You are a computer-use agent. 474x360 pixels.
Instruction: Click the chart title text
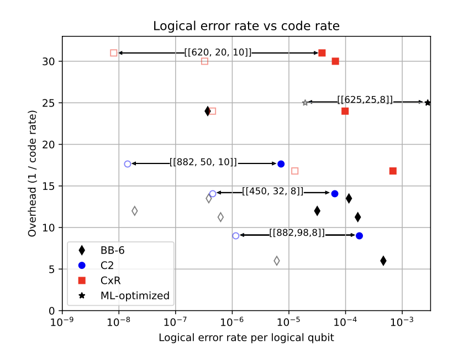coord(246,26)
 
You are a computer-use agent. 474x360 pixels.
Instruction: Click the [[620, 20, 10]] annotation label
coord(218,52)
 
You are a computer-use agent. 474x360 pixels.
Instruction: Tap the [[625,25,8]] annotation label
coord(365,100)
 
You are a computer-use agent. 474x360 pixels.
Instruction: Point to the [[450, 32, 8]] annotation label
coord(273,192)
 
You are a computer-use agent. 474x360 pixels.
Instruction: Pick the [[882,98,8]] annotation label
coord(297,233)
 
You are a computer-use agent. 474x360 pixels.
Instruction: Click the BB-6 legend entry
coord(112,251)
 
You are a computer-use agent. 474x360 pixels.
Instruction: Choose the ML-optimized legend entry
coord(135,296)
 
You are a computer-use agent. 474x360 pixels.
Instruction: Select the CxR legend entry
coord(110,280)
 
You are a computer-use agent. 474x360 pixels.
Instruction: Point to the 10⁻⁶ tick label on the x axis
coord(232,322)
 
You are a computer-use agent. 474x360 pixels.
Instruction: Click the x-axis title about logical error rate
coord(246,337)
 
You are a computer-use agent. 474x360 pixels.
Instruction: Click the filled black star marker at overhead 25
coord(428,103)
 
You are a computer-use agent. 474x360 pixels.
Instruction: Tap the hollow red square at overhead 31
coord(114,53)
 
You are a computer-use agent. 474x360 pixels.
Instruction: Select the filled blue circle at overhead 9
coord(360,236)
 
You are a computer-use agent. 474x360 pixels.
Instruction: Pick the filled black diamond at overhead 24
coord(208,111)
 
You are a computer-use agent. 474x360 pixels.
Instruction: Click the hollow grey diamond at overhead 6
coord(277,261)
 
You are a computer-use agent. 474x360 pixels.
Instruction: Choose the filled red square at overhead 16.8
coord(393,171)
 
